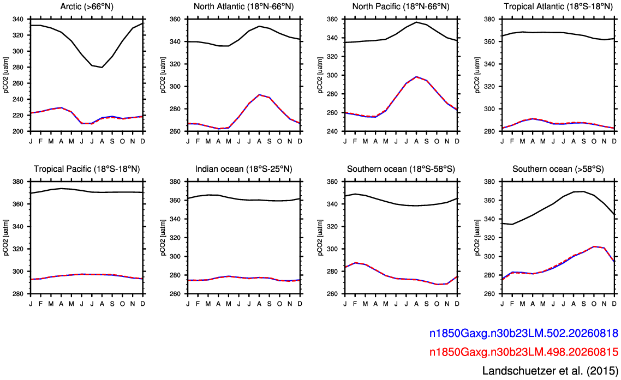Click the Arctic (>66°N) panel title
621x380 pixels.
(87, 7)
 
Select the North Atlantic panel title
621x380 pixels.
(243, 7)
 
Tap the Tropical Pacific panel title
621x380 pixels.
(87, 169)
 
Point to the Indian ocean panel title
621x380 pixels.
(243, 169)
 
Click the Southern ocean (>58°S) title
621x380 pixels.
(558, 169)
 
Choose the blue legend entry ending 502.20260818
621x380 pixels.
(523, 333)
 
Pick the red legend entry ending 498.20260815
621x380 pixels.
(523, 352)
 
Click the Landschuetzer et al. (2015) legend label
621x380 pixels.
(550, 371)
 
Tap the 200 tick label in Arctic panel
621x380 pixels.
(20, 131)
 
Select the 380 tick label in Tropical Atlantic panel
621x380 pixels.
(492, 19)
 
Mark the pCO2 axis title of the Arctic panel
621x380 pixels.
(6, 75)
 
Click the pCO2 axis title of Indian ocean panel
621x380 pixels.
(163, 238)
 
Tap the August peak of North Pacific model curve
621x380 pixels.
(416, 77)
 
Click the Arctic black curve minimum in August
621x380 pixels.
(102, 67)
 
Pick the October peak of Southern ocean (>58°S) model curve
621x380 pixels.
(594, 246)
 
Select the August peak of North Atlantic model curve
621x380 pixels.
(259, 95)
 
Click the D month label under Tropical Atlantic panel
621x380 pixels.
(614, 141)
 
